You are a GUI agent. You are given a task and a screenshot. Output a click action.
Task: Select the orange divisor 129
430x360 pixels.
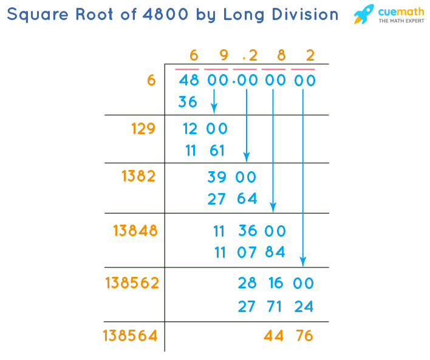143,129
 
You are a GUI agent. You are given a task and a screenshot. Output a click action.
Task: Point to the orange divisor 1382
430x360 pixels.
138,176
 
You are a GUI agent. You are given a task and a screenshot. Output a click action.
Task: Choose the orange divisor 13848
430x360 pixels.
135,231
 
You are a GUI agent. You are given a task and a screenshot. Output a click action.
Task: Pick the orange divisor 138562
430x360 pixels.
132,283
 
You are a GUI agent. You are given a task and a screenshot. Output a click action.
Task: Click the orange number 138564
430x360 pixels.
131,335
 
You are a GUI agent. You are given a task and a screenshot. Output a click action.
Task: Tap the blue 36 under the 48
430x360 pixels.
188,102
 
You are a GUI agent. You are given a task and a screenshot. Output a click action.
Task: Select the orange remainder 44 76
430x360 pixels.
288,335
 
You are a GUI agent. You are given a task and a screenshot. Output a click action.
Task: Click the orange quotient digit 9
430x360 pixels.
223,56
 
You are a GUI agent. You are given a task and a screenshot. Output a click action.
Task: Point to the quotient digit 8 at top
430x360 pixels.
281,56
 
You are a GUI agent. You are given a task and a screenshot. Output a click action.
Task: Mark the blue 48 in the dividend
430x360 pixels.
189,80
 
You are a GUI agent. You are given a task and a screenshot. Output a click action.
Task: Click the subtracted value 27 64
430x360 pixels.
232,199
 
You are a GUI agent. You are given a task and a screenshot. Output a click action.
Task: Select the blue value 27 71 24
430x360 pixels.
275,307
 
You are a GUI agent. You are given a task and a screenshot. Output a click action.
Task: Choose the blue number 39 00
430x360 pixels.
232,177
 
